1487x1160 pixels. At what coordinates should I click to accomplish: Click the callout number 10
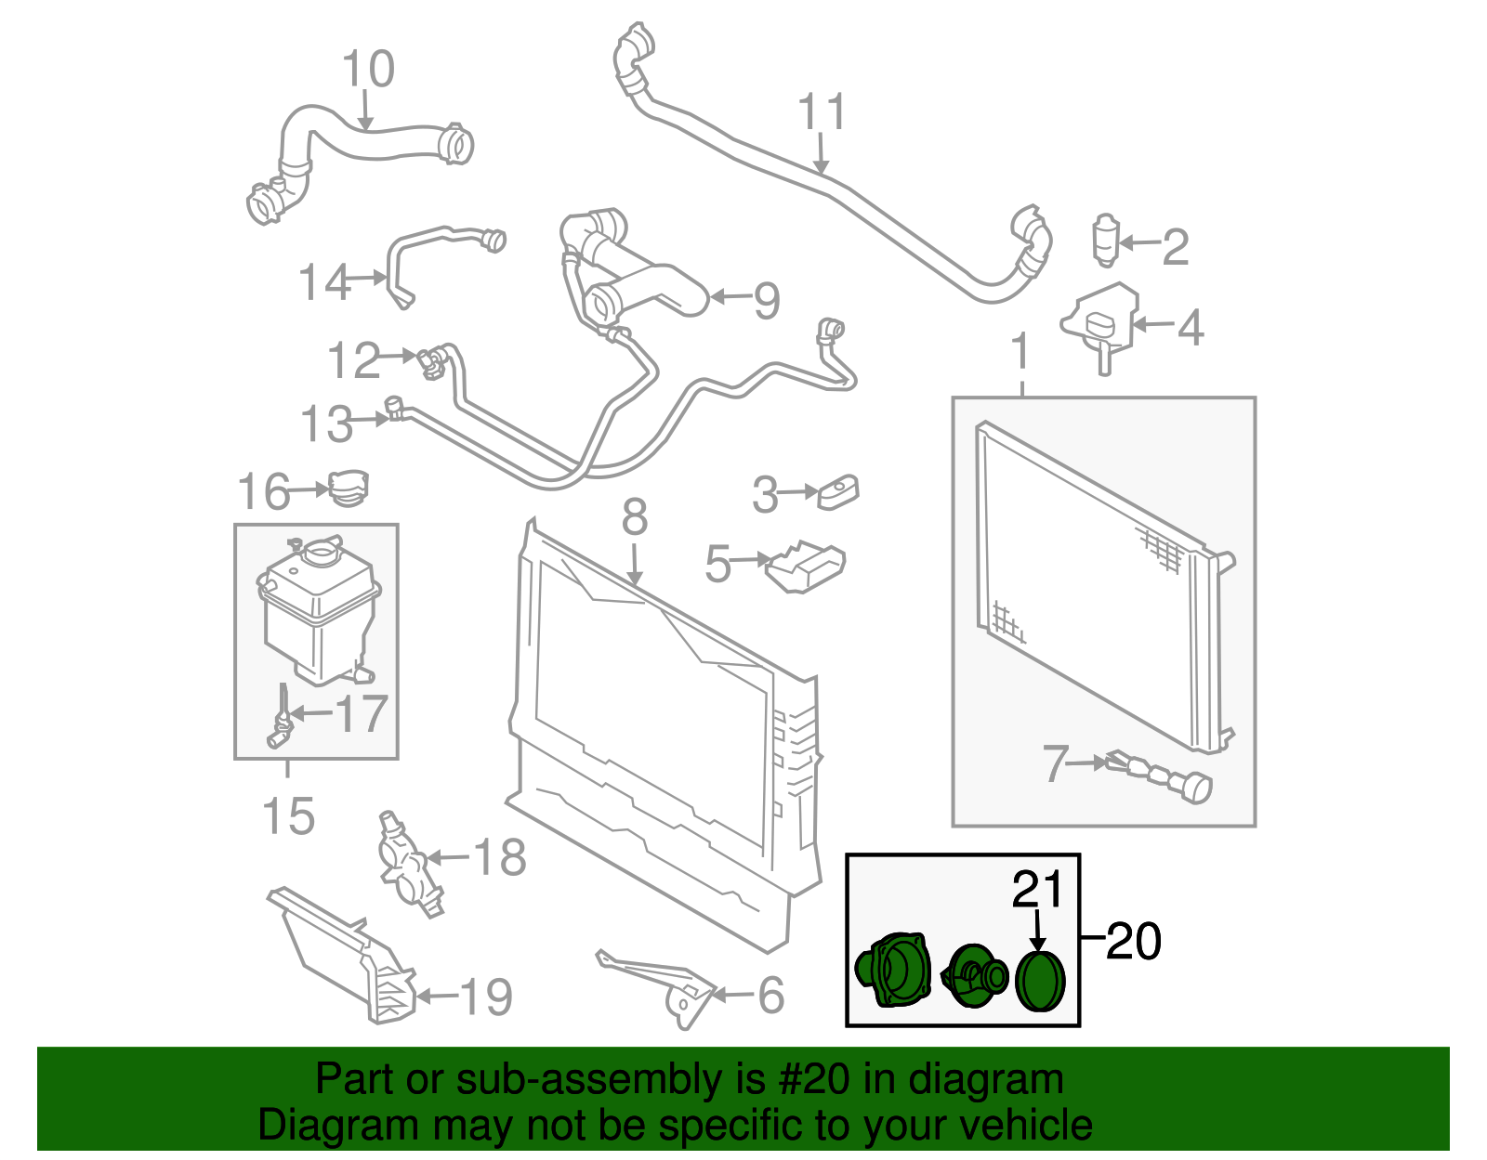pos(368,70)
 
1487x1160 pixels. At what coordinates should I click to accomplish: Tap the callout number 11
pos(822,112)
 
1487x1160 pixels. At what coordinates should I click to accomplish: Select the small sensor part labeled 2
pos(1105,240)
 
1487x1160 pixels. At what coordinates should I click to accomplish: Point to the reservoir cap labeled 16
pos(349,489)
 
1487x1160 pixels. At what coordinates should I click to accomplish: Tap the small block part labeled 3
pos(838,492)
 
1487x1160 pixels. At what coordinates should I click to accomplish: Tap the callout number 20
pos(1134,942)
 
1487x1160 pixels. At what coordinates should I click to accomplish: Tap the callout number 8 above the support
pos(635,518)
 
